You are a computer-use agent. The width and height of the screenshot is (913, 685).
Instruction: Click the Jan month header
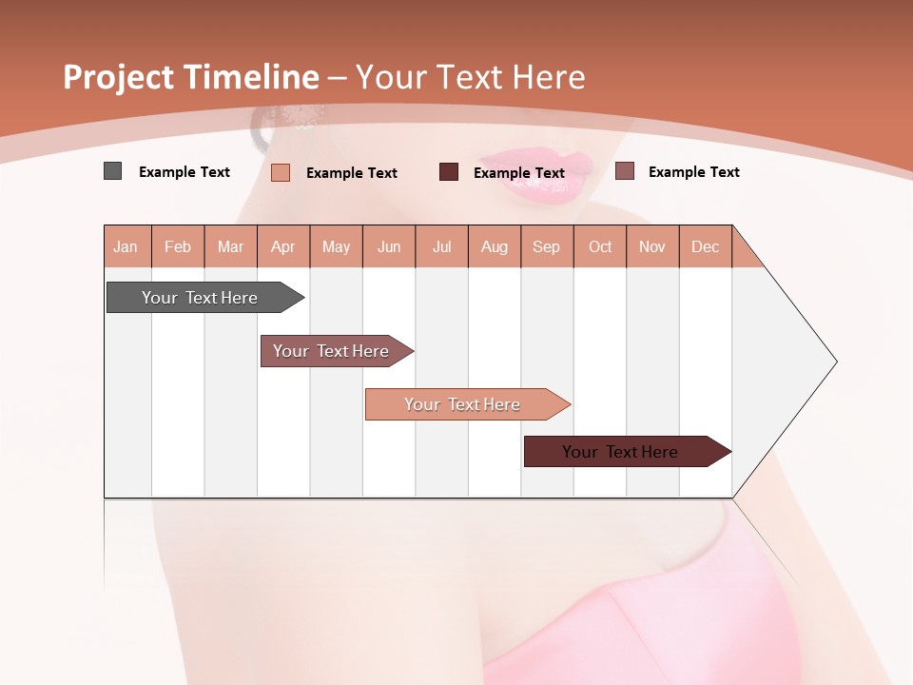[126, 246]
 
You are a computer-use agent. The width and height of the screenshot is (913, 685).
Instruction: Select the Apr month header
[282, 246]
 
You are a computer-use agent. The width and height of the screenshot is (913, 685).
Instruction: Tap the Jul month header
[441, 246]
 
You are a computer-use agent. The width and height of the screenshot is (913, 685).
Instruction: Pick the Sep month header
[546, 246]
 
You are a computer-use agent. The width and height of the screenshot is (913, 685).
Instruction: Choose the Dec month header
[705, 246]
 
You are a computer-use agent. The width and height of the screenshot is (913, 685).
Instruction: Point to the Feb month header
[178, 246]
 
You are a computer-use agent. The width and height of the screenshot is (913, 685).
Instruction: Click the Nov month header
[651, 246]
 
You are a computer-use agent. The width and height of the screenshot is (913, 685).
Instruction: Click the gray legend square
[112, 171]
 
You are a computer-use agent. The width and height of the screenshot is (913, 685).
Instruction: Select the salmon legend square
[281, 172]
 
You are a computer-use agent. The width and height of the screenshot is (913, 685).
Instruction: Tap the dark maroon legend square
[449, 172]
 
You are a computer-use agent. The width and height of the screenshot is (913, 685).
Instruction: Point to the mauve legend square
[624, 171]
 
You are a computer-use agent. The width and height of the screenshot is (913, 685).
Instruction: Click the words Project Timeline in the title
[190, 77]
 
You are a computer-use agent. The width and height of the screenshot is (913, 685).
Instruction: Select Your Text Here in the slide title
[471, 77]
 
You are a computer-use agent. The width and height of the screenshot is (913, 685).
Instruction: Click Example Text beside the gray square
[185, 172]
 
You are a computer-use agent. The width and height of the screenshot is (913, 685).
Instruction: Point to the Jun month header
[389, 246]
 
